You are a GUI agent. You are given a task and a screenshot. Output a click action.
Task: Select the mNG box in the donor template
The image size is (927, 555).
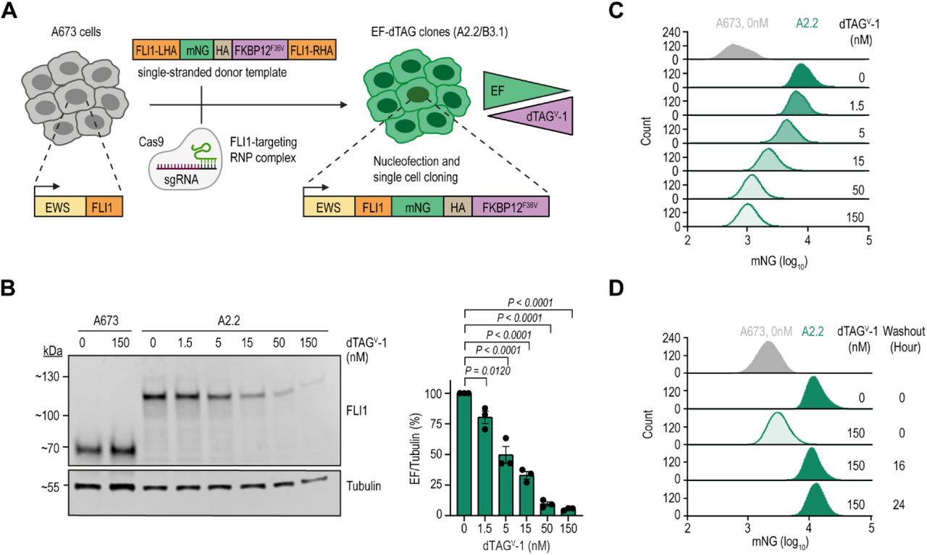tap(195, 50)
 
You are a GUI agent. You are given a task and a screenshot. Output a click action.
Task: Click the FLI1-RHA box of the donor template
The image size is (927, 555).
tap(313, 50)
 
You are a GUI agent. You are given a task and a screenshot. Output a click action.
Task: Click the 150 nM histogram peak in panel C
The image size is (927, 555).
tap(747, 214)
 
